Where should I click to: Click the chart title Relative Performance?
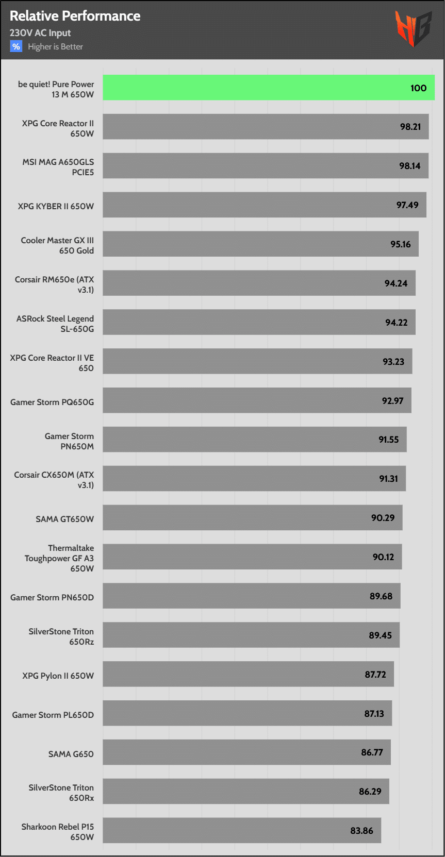75,16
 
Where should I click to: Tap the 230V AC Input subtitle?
40,33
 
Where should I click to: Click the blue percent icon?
16,46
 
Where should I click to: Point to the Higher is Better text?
55,47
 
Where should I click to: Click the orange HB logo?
413,29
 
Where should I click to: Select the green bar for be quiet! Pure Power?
268,88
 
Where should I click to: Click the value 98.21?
410,127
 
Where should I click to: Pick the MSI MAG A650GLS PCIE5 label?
58,167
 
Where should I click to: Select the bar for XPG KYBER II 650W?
264,205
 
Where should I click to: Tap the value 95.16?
401,244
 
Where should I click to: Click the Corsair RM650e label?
55,284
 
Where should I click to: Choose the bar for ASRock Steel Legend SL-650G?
259,323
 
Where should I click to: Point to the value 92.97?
392,401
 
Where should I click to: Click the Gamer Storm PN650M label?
69,441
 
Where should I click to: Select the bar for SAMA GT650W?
252,518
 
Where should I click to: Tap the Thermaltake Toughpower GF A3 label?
60,558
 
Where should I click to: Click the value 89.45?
380,635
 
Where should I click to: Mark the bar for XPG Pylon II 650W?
248,675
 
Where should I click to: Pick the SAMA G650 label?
71,754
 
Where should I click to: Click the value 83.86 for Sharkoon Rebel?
361,831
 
